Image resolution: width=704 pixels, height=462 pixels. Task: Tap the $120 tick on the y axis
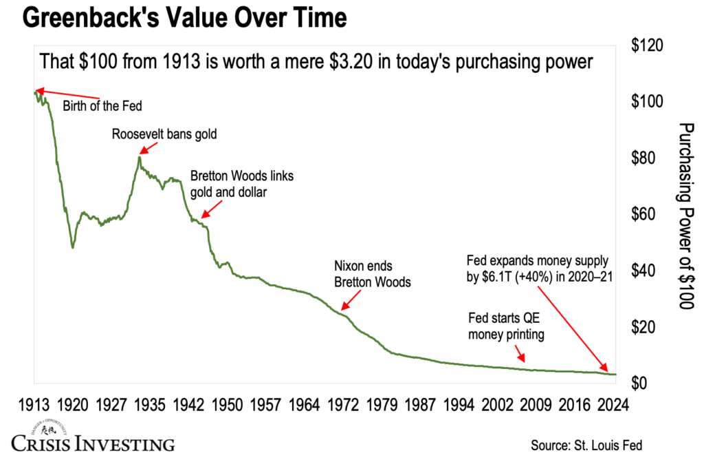click(x=647, y=46)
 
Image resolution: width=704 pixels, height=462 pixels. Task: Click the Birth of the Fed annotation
click(x=105, y=106)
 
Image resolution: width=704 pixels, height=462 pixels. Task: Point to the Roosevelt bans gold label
click(x=164, y=134)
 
